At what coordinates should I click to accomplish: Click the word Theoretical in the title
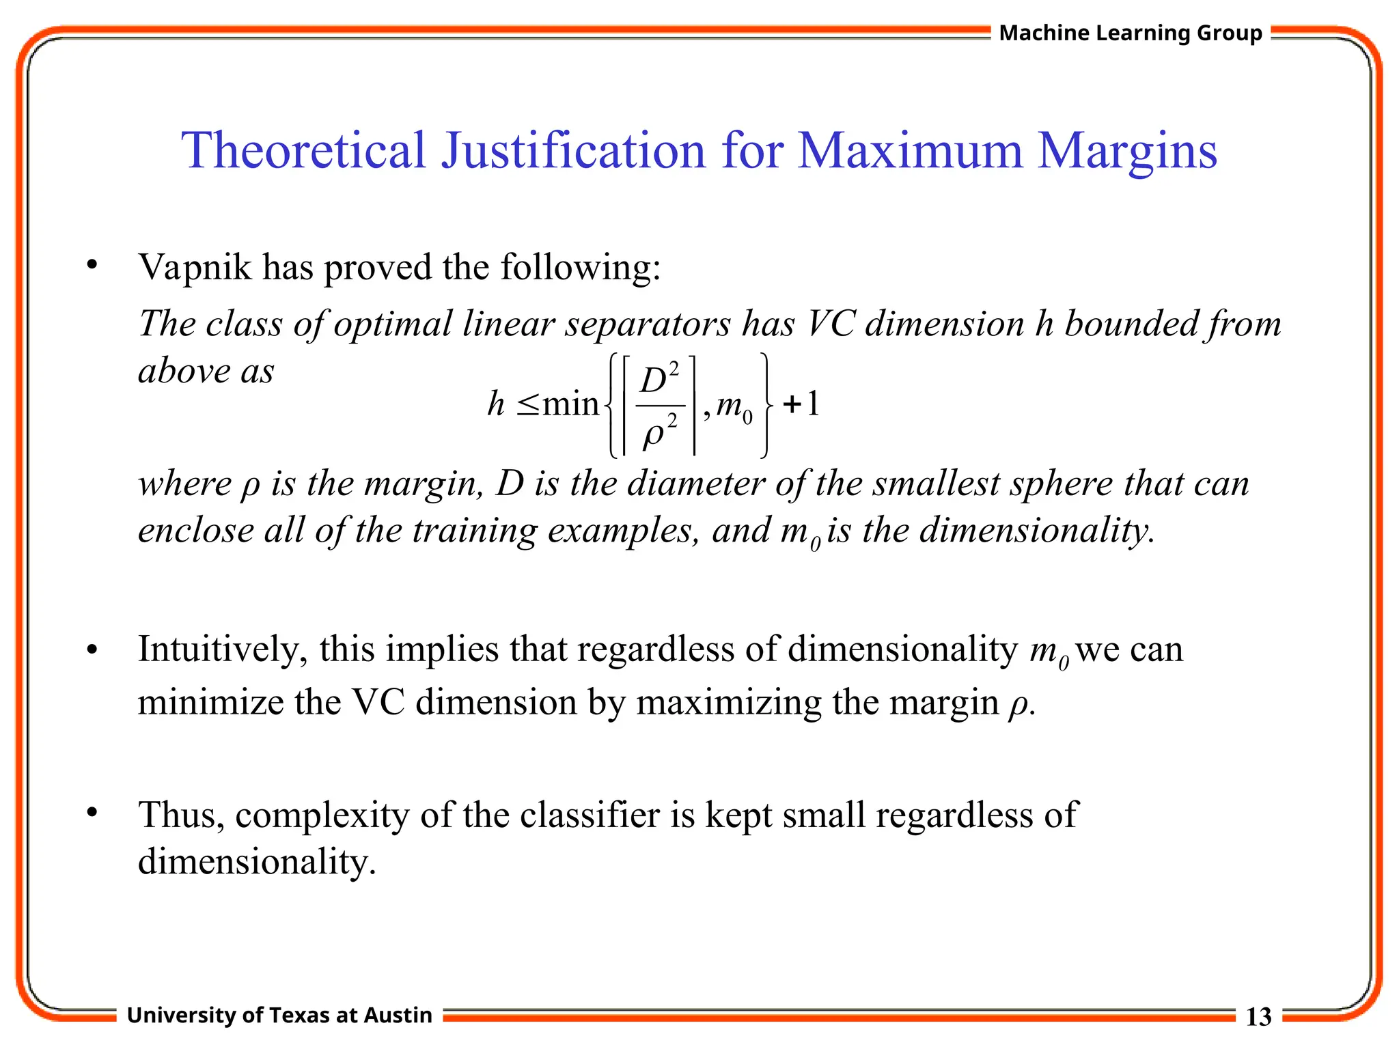[304, 150]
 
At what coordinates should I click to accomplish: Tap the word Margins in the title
[1127, 152]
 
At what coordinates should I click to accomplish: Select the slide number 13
[1258, 1016]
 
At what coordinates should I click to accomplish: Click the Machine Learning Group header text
[1131, 33]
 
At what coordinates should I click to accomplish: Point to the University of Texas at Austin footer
[279, 1015]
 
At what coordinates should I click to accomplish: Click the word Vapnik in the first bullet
[195, 267]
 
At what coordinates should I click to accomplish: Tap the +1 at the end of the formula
[801, 404]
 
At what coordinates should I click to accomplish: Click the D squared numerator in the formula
[659, 380]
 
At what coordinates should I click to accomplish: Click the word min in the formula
[570, 404]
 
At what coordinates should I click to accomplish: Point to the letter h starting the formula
[496, 403]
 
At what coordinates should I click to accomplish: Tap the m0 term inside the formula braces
[734, 408]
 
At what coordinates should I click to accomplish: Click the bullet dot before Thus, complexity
[92, 813]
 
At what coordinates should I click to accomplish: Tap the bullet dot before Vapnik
[92, 265]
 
